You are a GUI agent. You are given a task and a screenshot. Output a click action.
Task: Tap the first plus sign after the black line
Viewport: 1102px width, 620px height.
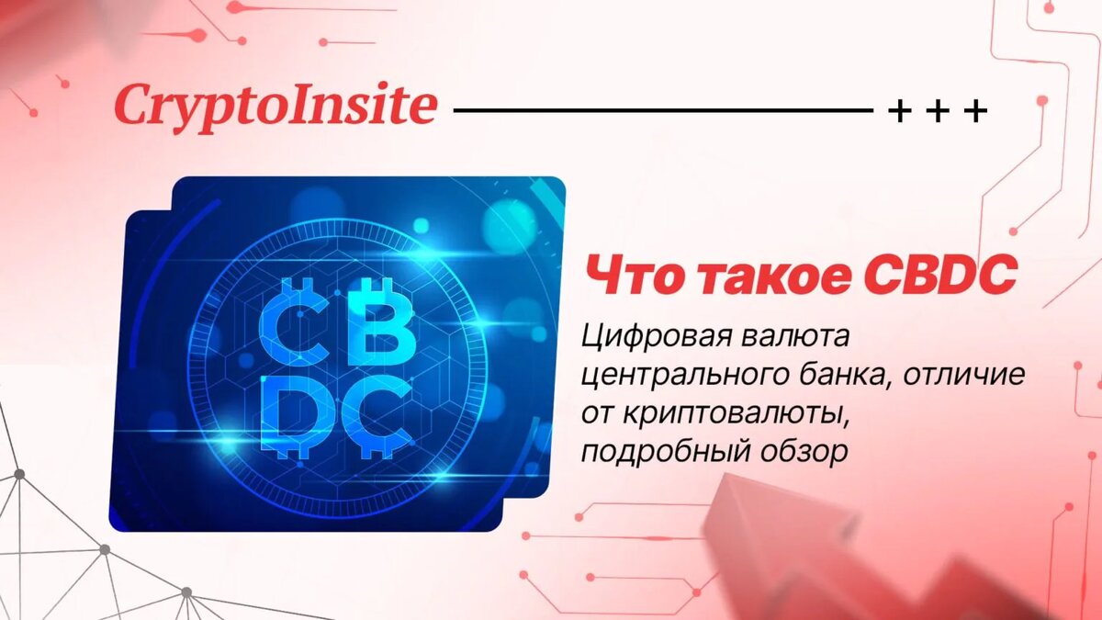[902, 112]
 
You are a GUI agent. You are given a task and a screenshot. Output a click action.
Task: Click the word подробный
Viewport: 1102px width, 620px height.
[661, 452]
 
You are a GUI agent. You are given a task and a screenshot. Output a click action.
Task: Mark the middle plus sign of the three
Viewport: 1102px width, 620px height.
[939, 112]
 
